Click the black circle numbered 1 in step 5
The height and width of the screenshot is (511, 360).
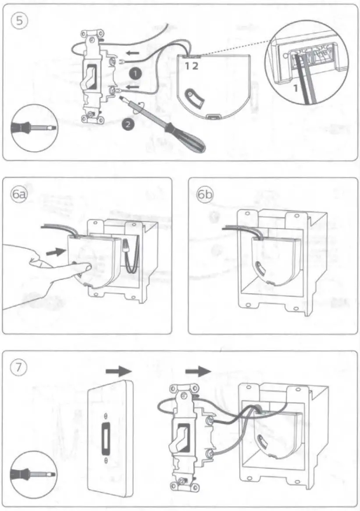(136, 74)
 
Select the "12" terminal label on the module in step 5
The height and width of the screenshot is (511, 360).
(192, 66)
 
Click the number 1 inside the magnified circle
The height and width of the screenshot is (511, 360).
(295, 88)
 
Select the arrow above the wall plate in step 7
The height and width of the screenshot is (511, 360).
(119, 371)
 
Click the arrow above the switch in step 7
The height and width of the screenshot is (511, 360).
(198, 371)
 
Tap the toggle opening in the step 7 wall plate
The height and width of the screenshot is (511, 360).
(105, 438)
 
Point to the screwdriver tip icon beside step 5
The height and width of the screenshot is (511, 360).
(34, 127)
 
